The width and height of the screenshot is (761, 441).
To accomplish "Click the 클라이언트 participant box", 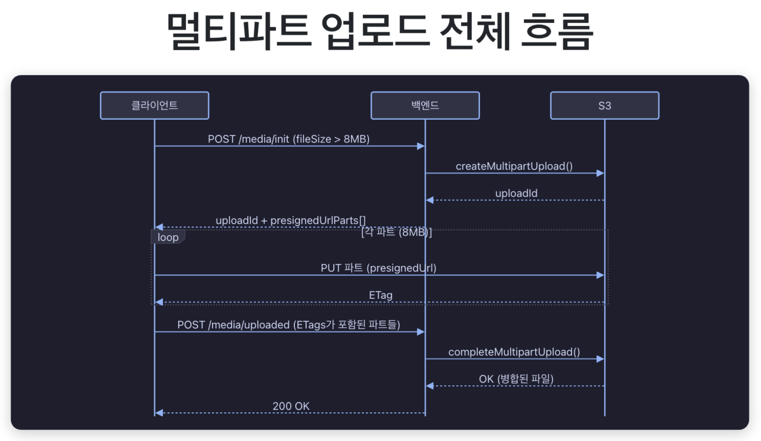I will pyautogui.click(x=154, y=105).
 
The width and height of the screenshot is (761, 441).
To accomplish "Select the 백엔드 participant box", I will pyautogui.click(x=425, y=105).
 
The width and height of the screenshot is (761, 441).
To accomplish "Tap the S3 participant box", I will pyautogui.click(x=605, y=105).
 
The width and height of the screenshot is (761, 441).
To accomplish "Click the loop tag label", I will pyautogui.click(x=168, y=237).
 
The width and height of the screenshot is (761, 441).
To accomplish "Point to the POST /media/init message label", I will pyautogui.click(x=288, y=139).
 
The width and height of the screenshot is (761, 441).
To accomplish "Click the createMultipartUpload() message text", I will pyautogui.click(x=514, y=166).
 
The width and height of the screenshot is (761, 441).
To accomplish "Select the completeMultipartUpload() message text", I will pyautogui.click(x=514, y=352).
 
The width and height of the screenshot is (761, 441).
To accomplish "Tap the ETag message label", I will pyautogui.click(x=380, y=295).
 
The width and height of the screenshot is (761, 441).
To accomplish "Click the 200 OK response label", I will pyautogui.click(x=291, y=406).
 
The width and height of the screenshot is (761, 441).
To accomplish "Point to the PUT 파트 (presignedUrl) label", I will pyautogui.click(x=378, y=268).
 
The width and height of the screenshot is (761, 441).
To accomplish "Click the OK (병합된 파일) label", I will pyautogui.click(x=516, y=379).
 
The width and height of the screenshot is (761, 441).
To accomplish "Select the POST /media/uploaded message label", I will pyautogui.click(x=288, y=325).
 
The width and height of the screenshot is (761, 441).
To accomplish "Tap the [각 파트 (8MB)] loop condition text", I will pyautogui.click(x=397, y=232).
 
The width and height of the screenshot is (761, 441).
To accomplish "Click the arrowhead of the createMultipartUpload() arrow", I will pyautogui.click(x=600, y=173).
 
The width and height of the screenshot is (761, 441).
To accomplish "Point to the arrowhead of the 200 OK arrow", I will pyautogui.click(x=159, y=413).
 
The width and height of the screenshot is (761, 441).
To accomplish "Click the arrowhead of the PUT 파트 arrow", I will pyautogui.click(x=600, y=275).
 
